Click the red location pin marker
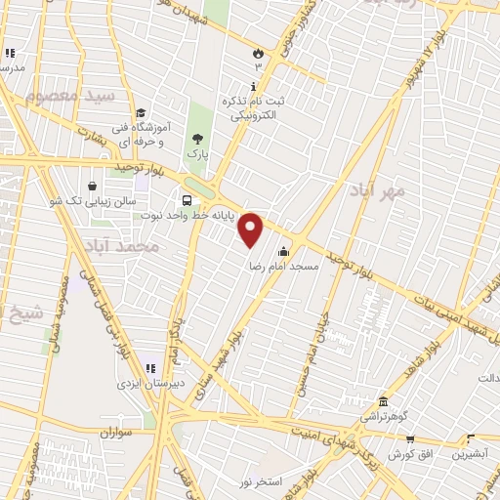pyautogui.click(x=252, y=229)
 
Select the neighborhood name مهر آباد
pyautogui.click(x=380, y=191)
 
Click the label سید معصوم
pyautogui.click(x=71, y=96)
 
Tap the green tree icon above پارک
pyautogui.click(x=199, y=139)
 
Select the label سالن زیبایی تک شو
pyautogui.click(x=94, y=200)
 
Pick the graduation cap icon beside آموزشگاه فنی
pyautogui.click(x=142, y=112)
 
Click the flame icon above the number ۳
pyautogui.click(x=258, y=53)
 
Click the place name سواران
pyautogui.click(x=113, y=432)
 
